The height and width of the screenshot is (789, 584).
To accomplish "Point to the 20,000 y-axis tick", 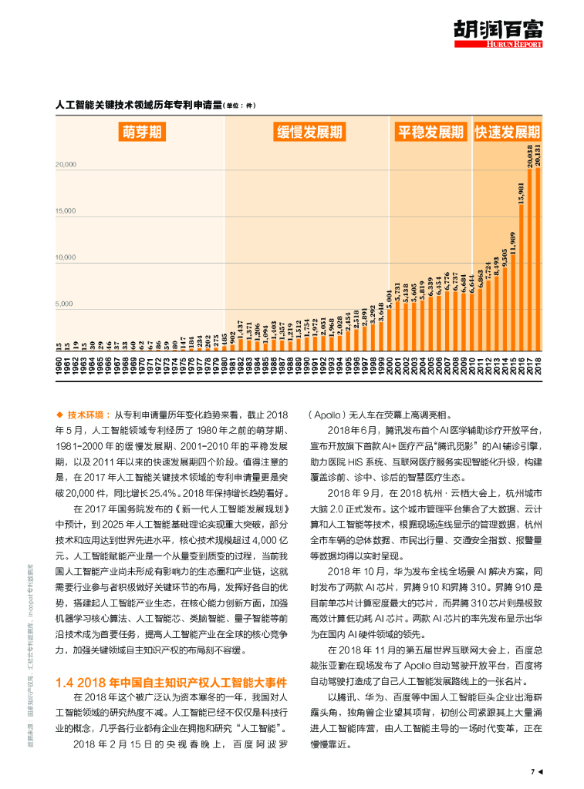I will pyautogui.click(x=66, y=164).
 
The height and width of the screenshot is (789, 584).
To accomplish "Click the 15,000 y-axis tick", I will pyautogui.click(x=66, y=210).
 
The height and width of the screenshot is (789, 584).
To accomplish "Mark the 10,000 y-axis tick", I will pyautogui.click(x=66, y=257).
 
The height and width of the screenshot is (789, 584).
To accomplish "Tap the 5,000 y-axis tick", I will pyautogui.click(x=67, y=304).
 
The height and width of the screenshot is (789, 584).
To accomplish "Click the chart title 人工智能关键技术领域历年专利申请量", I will pyautogui.click(x=140, y=104).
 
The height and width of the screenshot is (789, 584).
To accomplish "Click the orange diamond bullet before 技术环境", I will pyautogui.click(x=59, y=414).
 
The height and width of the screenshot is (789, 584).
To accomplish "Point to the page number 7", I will pyautogui.click(x=532, y=771).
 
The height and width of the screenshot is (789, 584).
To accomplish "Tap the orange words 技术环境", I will pyautogui.click(x=85, y=414).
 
